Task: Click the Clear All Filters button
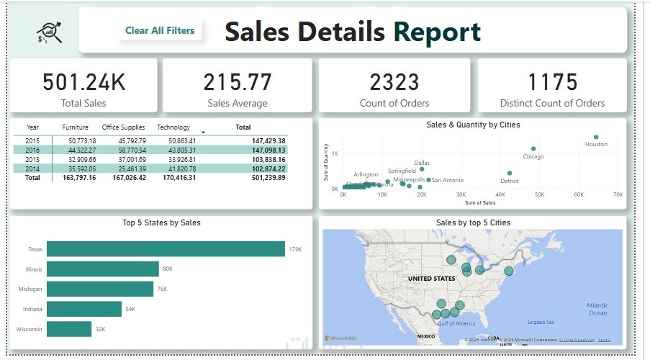click(x=159, y=30)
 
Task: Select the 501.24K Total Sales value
click(x=83, y=82)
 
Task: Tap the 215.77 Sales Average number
click(x=237, y=82)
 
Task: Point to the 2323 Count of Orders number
click(x=394, y=82)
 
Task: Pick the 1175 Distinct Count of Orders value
click(x=552, y=82)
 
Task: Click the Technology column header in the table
click(x=173, y=127)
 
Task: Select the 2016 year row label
click(x=32, y=150)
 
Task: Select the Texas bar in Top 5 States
click(x=166, y=249)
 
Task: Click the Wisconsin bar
click(x=69, y=329)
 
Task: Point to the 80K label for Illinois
click(x=168, y=269)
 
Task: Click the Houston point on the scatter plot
click(x=596, y=137)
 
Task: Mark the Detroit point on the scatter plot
click(x=509, y=173)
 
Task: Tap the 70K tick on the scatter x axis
click(x=617, y=194)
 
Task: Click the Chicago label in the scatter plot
click(x=533, y=156)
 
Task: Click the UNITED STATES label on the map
click(x=432, y=278)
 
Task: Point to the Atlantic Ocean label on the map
click(x=597, y=309)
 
